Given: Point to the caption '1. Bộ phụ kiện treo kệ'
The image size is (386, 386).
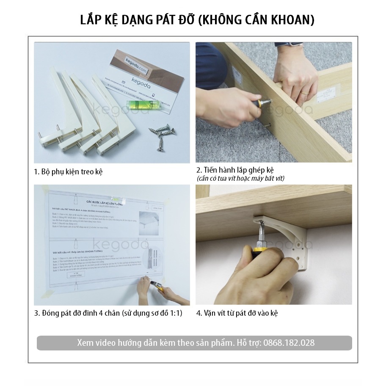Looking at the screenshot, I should tap(68, 172).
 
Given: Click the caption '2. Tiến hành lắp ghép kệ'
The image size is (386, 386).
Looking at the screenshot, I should tap(235, 170).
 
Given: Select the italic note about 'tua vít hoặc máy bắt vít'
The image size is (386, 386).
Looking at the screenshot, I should tap(240, 179).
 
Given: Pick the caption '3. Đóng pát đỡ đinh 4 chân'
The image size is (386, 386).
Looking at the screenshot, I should tap(108, 314).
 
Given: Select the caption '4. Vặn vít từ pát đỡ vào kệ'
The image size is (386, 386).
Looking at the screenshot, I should tap(237, 314).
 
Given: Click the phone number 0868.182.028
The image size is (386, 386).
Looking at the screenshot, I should tap(289, 343).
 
